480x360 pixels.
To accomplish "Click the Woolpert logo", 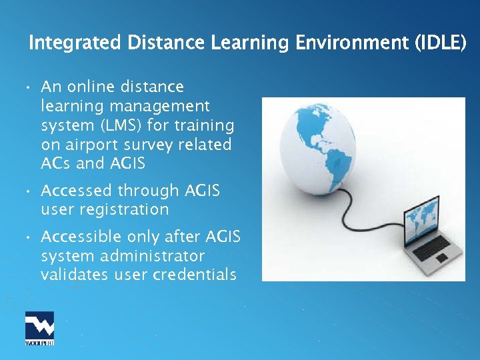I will click(39, 328).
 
